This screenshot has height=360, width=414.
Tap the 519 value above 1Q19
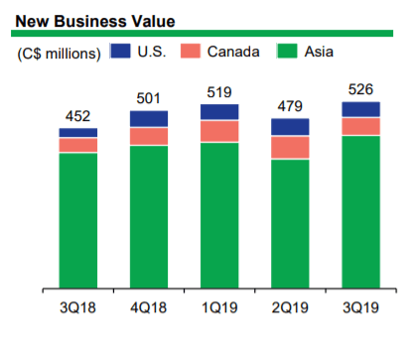219,91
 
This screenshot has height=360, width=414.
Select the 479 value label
290,106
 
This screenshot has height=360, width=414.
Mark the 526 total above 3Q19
360,89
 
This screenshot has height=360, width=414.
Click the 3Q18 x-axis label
78,308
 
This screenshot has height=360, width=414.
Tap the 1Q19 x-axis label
219,308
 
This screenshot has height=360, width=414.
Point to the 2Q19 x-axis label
290,308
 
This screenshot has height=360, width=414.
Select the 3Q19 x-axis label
360,308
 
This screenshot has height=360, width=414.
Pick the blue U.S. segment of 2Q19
290,127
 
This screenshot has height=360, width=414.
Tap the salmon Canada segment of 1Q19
219,131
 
